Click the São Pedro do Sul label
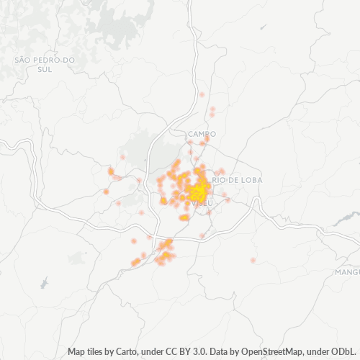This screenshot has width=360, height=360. (45, 63)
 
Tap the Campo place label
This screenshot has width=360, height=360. (202, 134)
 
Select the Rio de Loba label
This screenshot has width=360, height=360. (238, 179)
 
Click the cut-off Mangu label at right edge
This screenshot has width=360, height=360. (347, 272)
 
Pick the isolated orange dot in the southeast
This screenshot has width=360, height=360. (253, 259)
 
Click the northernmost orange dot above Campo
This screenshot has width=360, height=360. (202, 95)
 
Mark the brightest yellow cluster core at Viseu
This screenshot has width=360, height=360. (197, 192)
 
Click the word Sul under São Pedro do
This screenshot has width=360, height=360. (45, 69)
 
